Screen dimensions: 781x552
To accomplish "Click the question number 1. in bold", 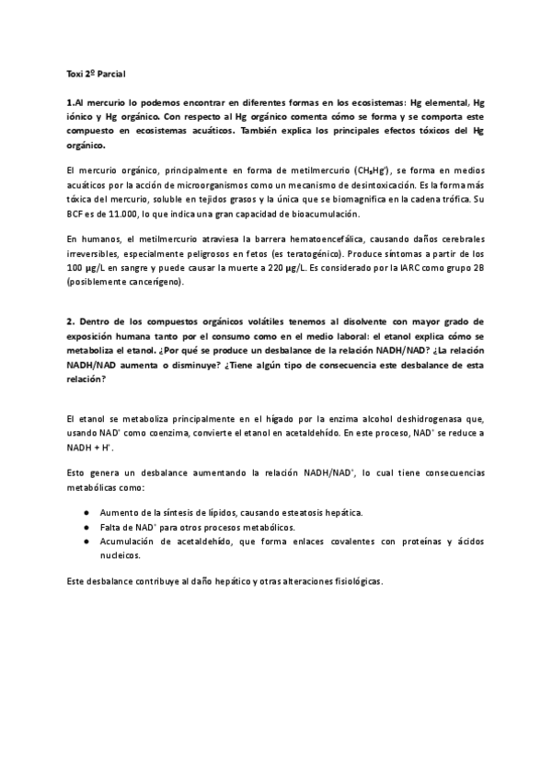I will coord(73,104).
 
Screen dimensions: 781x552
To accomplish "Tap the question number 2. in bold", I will coord(72,322).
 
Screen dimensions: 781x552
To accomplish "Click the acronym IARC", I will coord(409,267).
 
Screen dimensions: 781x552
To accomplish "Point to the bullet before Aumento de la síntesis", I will coord(86,512).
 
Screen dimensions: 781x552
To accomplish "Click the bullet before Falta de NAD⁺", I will coord(86,526).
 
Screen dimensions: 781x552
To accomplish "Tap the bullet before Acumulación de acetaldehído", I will coord(86,542).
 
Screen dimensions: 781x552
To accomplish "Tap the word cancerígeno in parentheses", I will coord(154,281).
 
